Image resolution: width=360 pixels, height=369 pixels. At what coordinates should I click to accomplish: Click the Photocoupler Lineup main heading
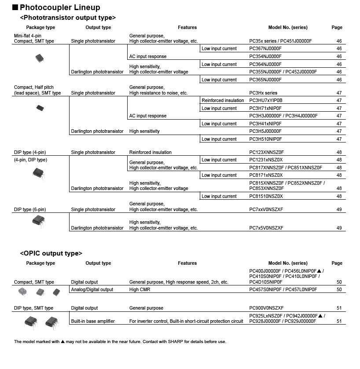[x=60, y=7]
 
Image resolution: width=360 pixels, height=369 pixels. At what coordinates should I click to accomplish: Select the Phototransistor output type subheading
[x=68, y=18]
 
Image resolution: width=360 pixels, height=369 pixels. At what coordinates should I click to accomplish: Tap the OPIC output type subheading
[x=51, y=253]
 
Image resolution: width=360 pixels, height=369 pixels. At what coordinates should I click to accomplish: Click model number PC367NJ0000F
[x=265, y=49]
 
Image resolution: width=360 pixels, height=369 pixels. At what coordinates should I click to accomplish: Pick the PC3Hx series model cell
[x=263, y=93]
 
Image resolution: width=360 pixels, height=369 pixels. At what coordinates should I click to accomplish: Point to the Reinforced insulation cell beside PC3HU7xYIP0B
[x=223, y=100]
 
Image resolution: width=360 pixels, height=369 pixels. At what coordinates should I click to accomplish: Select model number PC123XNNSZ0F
[x=267, y=152]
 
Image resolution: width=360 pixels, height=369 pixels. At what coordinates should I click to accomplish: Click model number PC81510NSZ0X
[x=266, y=196]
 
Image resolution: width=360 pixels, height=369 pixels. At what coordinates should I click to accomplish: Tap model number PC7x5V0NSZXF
[x=266, y=228]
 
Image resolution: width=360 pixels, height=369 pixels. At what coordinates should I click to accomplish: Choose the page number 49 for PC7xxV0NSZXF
[x=339, y=209]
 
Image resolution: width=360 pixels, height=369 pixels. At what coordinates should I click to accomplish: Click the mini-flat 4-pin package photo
[x=40, y=58]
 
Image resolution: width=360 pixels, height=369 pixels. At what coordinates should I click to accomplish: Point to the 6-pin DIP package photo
[x=39, y=220]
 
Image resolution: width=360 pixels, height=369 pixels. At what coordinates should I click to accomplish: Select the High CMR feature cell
[x=140, y=289]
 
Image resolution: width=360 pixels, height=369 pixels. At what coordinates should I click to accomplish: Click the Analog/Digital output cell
[x=92, y=289]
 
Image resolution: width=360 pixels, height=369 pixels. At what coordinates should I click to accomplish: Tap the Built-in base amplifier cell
[x=93, y=321]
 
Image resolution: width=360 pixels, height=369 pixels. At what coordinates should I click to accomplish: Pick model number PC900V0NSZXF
[x=266, y=308]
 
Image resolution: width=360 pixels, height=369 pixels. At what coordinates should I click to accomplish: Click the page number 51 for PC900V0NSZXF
[x=339, y=308]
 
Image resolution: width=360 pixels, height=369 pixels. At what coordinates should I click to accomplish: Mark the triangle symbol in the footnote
[x=63, y=342]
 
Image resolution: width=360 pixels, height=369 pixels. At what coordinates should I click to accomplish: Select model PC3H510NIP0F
[x=265, y=139]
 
